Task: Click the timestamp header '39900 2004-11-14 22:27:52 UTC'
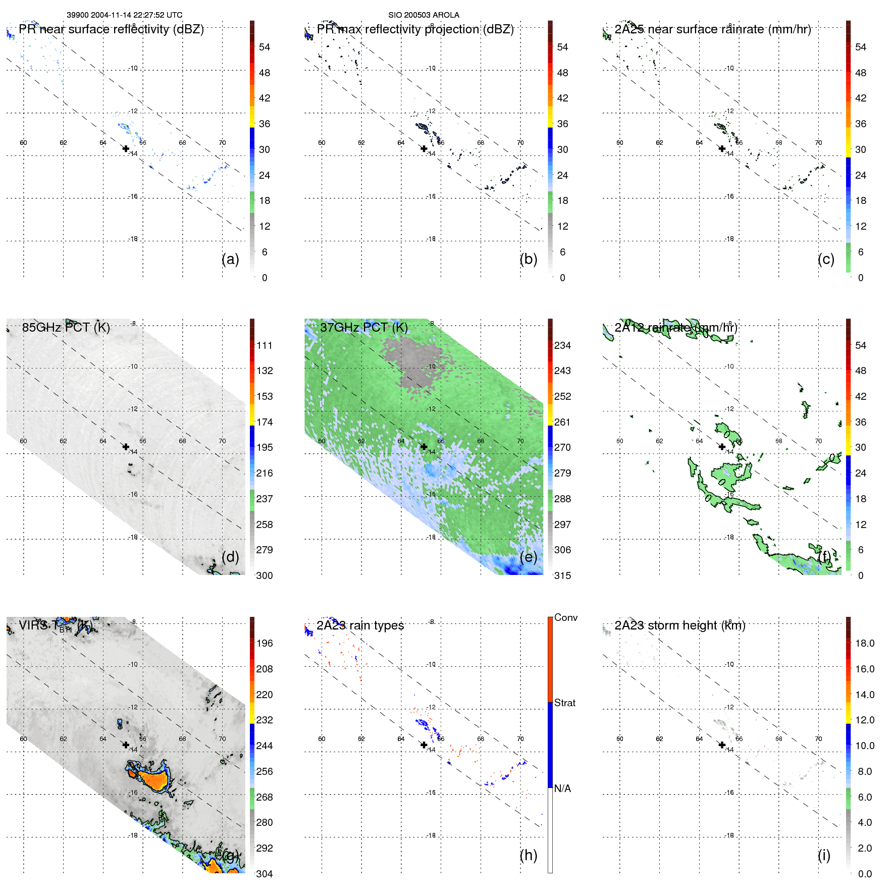[x=124, y=15]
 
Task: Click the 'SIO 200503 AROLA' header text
[x=424, y=15]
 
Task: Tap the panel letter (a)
[x=230, y=259]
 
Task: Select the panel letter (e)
[x=528, y=557]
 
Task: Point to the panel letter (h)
[x=528, y=855]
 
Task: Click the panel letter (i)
[x=824, y=855]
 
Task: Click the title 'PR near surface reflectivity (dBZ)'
[x=111, y=29]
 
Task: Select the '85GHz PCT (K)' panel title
[x=66, y=327]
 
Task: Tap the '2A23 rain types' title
[x=360, y=625]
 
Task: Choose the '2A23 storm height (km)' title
[x=679, y=625]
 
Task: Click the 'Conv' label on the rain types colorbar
[x=565, y=617]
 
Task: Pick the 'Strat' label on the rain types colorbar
[x=564, y=703]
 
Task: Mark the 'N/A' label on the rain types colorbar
[x=563, y=788]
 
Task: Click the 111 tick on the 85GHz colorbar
[x=264, y=345]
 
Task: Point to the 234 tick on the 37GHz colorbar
[x=562, y=345]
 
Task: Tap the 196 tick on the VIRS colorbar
[x=264, y=643]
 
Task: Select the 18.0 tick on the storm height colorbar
[x=864, y=643]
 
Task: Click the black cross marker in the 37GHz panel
[x=424, y=447]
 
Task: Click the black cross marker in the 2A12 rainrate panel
[x=722, y=447]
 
